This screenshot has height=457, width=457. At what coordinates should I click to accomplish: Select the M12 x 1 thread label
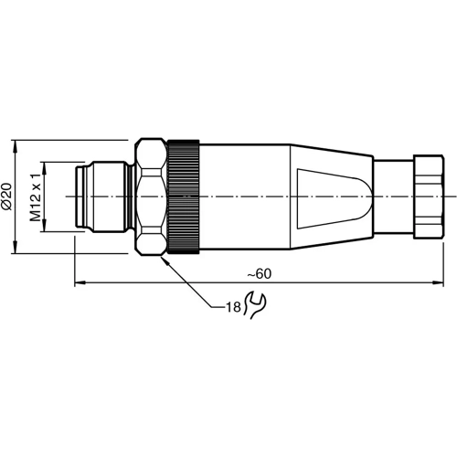(37, 197)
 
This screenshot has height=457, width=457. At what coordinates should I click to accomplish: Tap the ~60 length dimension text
(260, 273)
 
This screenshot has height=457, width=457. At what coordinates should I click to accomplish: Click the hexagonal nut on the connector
(148, 197)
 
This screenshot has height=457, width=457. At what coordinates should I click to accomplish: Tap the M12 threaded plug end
(102, 197)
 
